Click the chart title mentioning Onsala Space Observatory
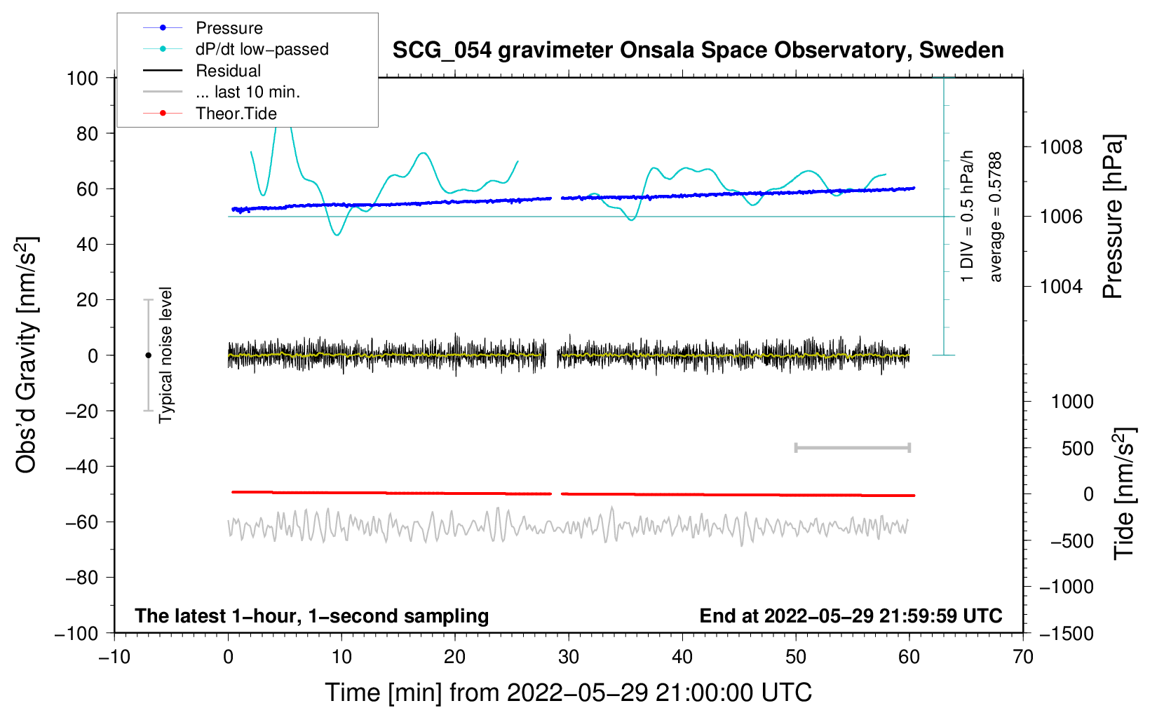click(x=698, y=50)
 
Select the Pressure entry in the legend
click(x=229, y=28)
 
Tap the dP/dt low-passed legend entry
click(x=262, y=49)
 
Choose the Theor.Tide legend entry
click(x=236, y=114)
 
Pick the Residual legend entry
click(x=228, y=71)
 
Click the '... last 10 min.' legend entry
click(x=248, y=92)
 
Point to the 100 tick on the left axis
click(x=83, y=78)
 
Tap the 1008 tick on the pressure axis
click(x=1061, y=147)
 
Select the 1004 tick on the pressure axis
click(x=1061, y=286)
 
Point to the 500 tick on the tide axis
click(x=1078, y=448)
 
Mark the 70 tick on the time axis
click(x=1023, y=657)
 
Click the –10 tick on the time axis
click(x=114, y=657)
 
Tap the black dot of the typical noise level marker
click(x=148, y=355)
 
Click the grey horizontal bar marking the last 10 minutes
click(x=852, y=447)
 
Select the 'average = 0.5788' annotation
click(x=996, y=217)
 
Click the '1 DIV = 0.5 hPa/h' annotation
click(x=968, y=216)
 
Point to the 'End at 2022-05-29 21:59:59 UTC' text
click(x=851, y=615)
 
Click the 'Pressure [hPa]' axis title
click(x=1113, y=217)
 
